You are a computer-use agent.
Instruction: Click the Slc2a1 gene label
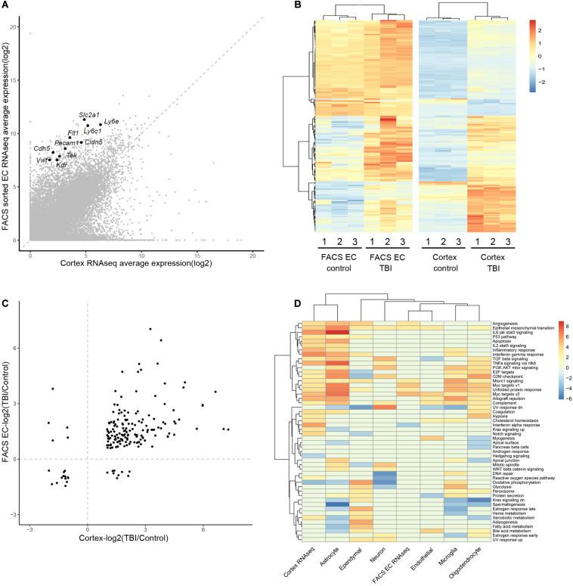point(88,114)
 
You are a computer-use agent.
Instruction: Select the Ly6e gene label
point(111,121)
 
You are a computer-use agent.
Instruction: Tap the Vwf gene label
point(42,160)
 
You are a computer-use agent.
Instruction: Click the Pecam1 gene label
point(66,142)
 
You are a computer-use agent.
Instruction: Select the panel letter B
point(297,7)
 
